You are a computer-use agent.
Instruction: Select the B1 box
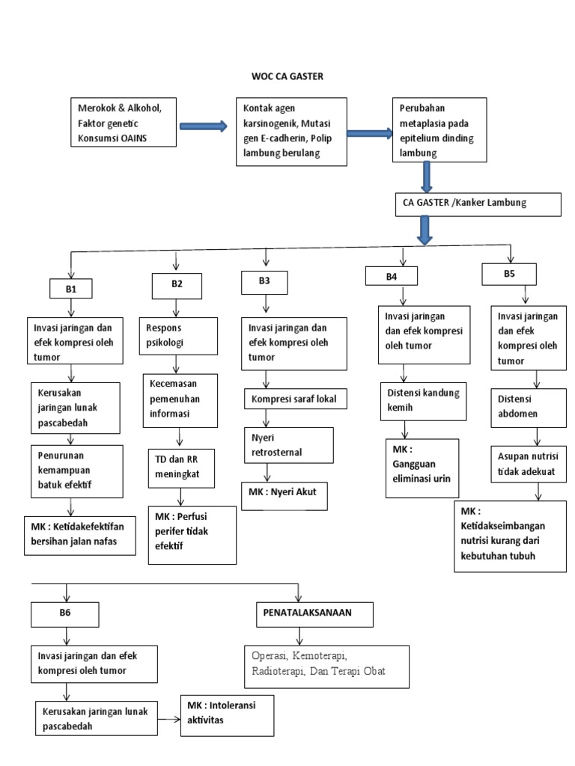[x=70, y=288]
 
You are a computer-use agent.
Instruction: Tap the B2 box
[x=177, y=284]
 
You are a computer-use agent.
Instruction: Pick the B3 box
[x=265, y=282]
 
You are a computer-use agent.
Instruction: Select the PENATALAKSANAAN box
[x=308, y=613]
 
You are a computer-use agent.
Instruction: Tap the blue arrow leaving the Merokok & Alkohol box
[x=203, y=126]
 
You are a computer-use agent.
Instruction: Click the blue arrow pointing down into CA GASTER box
[x=428, y=177]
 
